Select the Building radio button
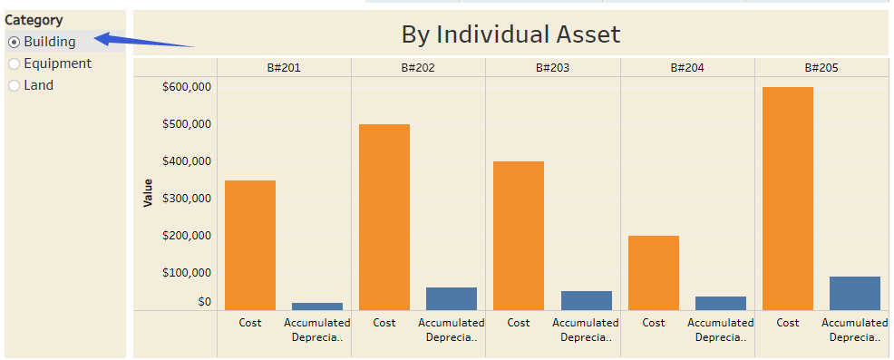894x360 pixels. click(x=14, y=42)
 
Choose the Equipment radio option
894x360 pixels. click(x=14, y=63)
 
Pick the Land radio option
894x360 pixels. click(x=14, y=85)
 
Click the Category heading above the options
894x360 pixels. click(x=34, y=20)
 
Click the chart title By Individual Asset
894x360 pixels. click(x=510, y=34)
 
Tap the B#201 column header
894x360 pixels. click(x=284, y=67)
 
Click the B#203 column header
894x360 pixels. click(x=552, y=67)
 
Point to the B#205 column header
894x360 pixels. click(x=821, y=67)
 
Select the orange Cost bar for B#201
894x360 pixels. click(x=250, y=245)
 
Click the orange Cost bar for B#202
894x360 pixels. click(x=384, y=218)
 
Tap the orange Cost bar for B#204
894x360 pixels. click(x=654, y=272)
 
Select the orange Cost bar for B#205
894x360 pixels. click(x=788, y=199)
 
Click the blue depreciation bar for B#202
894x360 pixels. click(x=452, y=298)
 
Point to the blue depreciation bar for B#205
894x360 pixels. click(x=855, y=293)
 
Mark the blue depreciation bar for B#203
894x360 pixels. click(x=586, y=300)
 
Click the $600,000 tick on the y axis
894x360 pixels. click(x=186, y=87)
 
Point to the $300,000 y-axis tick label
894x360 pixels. click(x=186, y=199)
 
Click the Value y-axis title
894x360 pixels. click(x=148, y=192)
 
